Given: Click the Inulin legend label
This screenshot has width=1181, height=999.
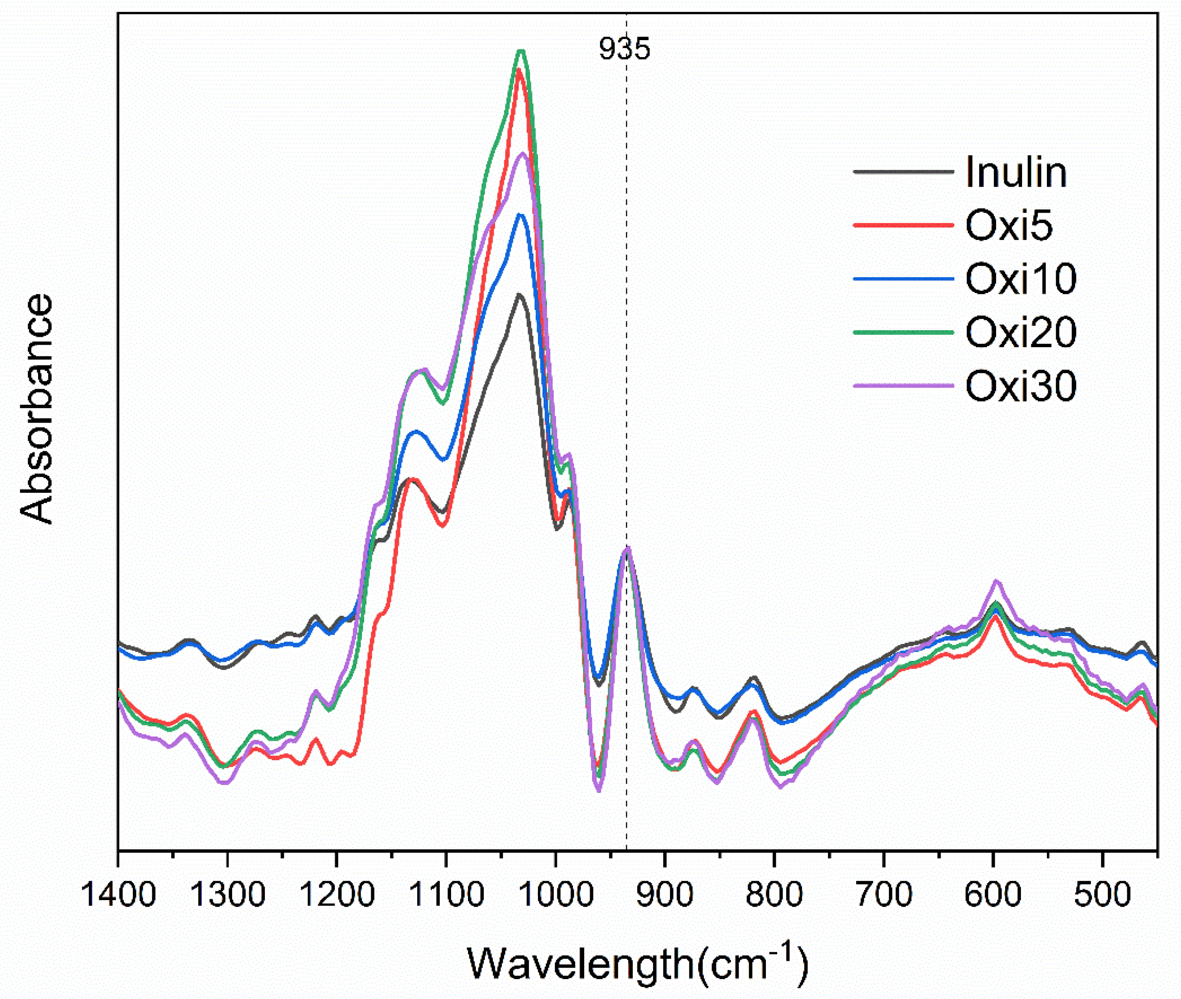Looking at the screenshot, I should pyautogui.click(x=1016, y=172).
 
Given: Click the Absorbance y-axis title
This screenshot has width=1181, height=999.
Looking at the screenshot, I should pyautogui.click(x=37, y=409).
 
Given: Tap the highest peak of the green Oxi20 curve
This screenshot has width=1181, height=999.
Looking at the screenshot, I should pyautogui.click(x=521, y=51).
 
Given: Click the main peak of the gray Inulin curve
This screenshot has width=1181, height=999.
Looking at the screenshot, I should pyautogui.click(x=518, y=295).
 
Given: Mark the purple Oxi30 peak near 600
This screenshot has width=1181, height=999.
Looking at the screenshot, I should pyautogui.click(x=996, y=581).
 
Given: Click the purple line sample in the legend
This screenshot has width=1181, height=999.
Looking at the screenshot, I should pyautogui.click(x=903, y=386).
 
